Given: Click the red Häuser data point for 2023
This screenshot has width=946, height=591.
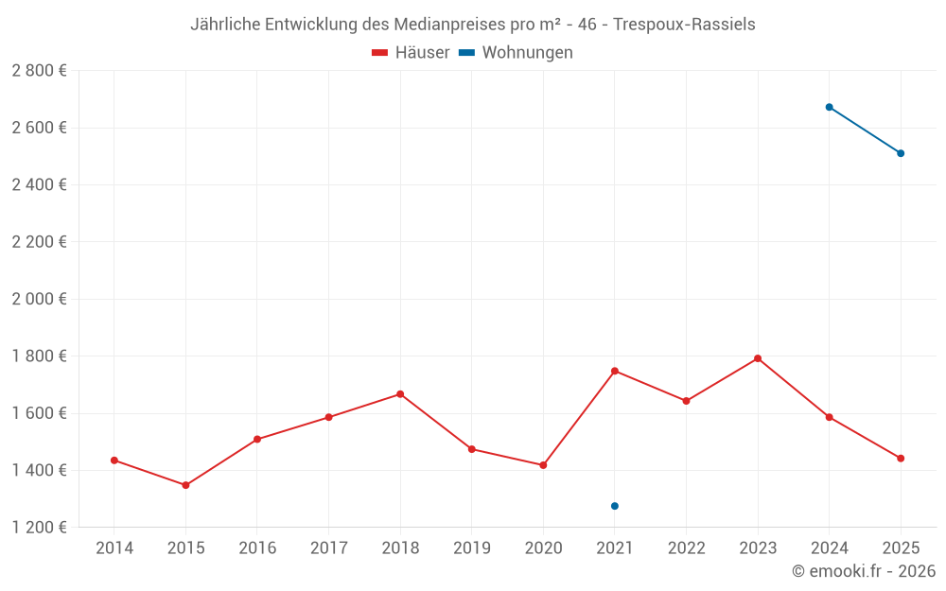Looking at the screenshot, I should pyautogui.click(x=758, y=358).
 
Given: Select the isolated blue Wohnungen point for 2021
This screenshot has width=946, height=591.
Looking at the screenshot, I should pyautogui.click(x=615, y=506).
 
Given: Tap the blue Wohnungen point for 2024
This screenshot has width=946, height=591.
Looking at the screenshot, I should pyautogui.click(x=829, y=107).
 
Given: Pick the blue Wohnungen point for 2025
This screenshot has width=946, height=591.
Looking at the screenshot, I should pyautogui.click(x=901, y=153).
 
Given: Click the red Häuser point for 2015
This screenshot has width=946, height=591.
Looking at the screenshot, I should pyautogui.click(x=185, y=485).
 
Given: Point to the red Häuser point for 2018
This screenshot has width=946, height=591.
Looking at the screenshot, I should pyautogui.click(x=400, y=394).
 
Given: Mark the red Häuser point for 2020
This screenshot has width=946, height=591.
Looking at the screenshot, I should pyautogui.click(x=543, y=465).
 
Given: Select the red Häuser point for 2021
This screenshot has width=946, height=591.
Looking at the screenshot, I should pyautogui.click(x=615, y=371).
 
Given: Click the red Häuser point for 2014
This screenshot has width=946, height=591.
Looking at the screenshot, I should pyautogui.click(x=114, y=461).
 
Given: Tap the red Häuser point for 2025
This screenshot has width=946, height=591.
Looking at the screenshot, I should pyautogui.click(x=901, y=459).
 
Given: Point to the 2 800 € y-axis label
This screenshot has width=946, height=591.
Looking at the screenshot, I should pyautogui.click(x=39, y=71).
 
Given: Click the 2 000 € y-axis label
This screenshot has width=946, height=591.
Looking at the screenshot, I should pyautogui.click(x=39, y=299).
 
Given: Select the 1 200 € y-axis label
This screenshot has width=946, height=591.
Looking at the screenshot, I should pyautogui.click(x=39, y=528).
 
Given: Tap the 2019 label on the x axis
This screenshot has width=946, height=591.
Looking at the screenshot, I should pyautogui.click(x=471, y=548).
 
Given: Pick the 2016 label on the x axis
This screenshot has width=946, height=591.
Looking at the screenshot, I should pyautogui.click(x=257, y=548).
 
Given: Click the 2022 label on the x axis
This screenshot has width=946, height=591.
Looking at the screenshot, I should pyautogui.click(x=686, y=548).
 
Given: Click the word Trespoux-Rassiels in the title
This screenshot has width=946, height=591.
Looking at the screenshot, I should pyautogui.click(x=684, y=25).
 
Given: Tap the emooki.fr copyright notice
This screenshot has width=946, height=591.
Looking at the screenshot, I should pyautogui.click(x=863, y=571).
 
